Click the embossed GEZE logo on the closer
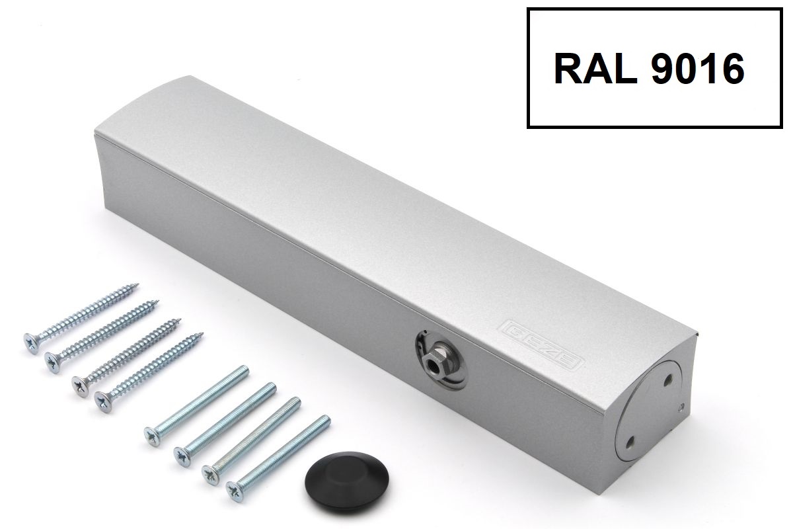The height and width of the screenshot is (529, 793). tap(542, 345)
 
